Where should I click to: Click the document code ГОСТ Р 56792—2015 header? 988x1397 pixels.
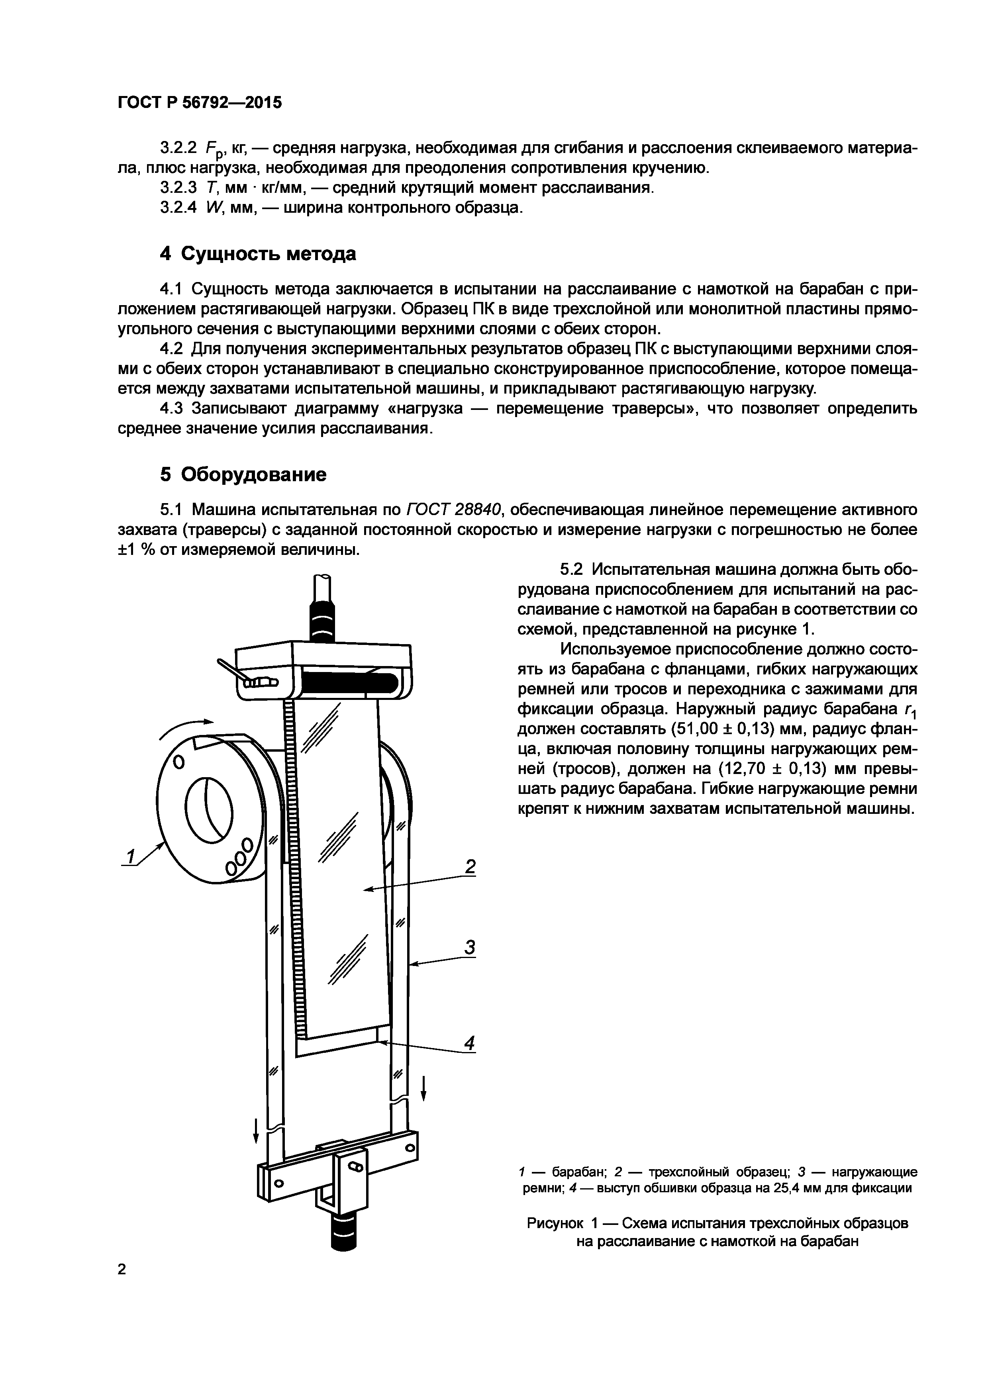pyautogui.click(x=200, y=103)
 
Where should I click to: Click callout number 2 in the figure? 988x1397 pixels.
pyautogui.click(x=470, y=866)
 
